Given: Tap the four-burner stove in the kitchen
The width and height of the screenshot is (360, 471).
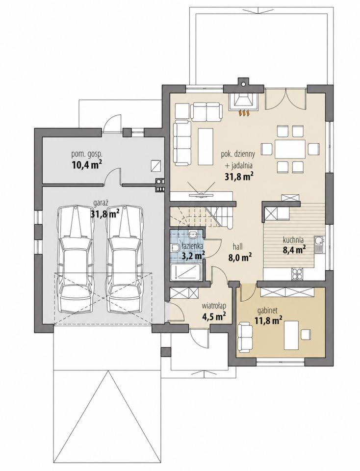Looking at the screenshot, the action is [x=297, y=273].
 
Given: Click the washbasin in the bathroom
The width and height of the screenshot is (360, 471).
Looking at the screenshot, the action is [x=193, y=234].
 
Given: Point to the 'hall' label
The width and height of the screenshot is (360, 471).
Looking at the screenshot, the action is [x=238, y=247].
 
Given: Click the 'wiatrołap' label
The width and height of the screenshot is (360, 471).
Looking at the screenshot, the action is [x=214, y=306].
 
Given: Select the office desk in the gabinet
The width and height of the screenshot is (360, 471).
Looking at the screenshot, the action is [x=291, y=335].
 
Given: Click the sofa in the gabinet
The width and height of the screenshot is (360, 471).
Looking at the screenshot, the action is [x=246, y=337].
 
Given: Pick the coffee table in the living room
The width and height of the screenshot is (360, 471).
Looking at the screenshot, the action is [x=206, y=145].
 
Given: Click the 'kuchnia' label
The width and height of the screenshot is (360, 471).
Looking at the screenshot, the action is [x=293, y=240].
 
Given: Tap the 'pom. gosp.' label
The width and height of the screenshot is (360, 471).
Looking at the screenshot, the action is [x=87, y=155].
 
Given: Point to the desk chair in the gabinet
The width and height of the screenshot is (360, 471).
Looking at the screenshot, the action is [x=306, y=334].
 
